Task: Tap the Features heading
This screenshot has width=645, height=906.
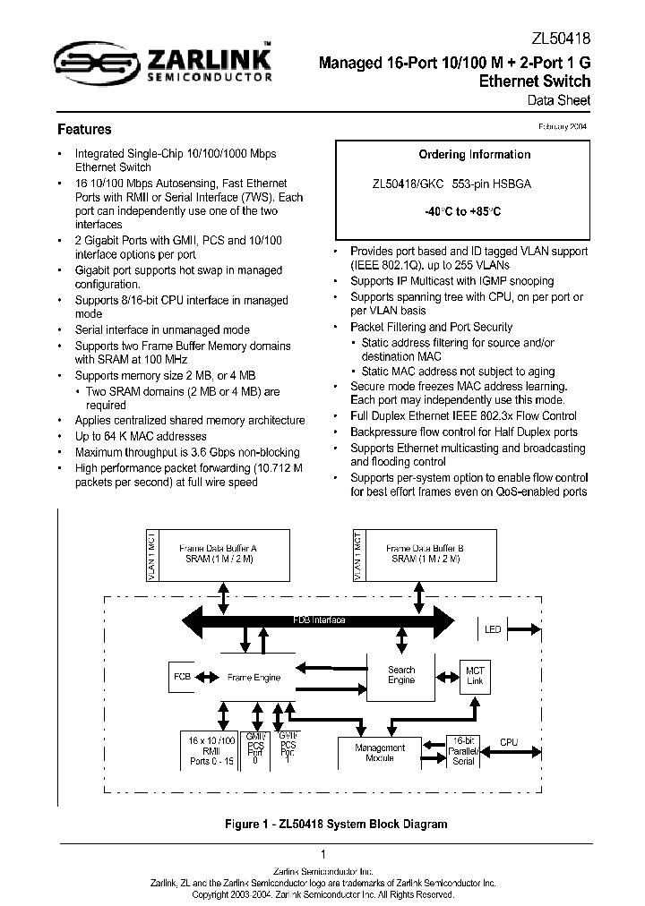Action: (84, 130)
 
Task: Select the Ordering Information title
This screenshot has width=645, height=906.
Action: (474, 155)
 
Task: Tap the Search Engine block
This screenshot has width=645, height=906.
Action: (400, 675)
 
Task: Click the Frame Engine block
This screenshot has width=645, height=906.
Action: (254, 678)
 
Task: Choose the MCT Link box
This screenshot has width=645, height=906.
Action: (474, 676)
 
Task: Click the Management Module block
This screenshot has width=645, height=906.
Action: (379, 752)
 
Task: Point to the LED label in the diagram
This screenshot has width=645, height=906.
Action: (493, 629)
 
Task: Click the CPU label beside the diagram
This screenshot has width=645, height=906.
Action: (508, 742)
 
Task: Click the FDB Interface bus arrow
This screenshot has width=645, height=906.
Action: (320, 620)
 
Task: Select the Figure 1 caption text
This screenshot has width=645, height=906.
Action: (322, 824)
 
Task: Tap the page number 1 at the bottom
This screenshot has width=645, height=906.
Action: (322, 854)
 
